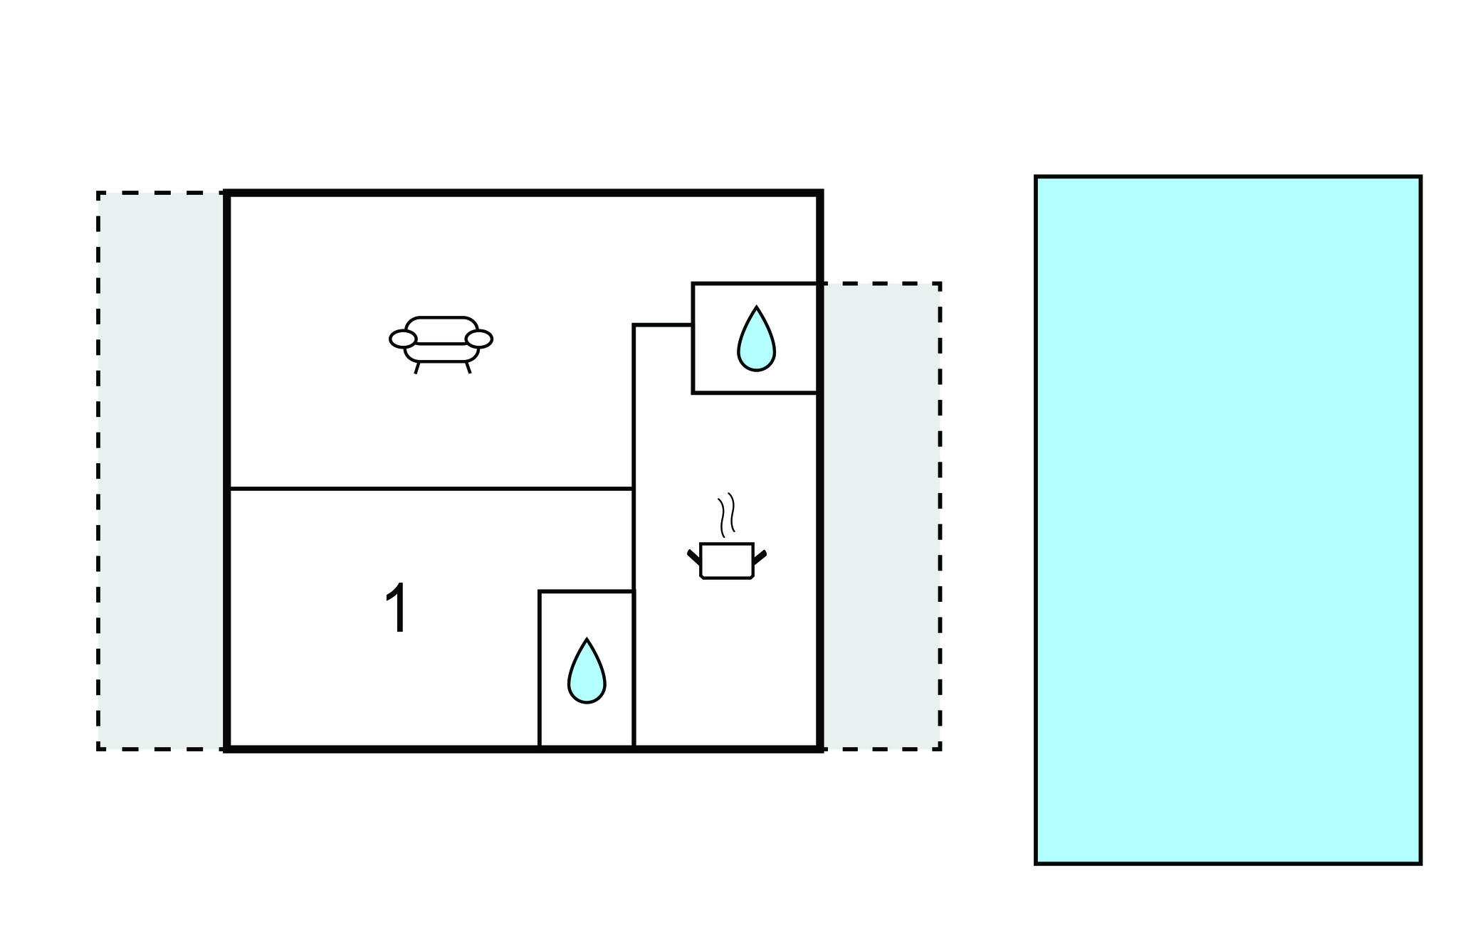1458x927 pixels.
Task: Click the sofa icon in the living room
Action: point(441,341)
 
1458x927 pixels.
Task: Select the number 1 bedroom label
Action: point(396,608)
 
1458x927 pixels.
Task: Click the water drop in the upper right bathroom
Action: point(756,340)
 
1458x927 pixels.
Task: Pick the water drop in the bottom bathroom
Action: point(587,672)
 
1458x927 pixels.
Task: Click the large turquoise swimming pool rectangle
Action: point(1227,519)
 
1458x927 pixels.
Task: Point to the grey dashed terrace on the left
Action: point(162,470)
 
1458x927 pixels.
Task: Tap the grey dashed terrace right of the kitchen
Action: point(881,516)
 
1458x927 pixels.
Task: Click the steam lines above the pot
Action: point(726,514)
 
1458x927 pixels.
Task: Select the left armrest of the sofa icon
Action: point(403,339)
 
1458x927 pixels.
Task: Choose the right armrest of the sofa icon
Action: point(479,339)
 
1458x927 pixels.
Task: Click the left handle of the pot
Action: point(693,556)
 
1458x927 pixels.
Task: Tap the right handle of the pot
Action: point(760,556)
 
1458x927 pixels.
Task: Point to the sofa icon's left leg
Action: point(417,368)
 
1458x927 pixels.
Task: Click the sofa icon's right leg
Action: point(468,368)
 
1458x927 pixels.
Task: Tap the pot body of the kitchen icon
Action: point(726,561)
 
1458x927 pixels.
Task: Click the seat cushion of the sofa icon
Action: point(441,353)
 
